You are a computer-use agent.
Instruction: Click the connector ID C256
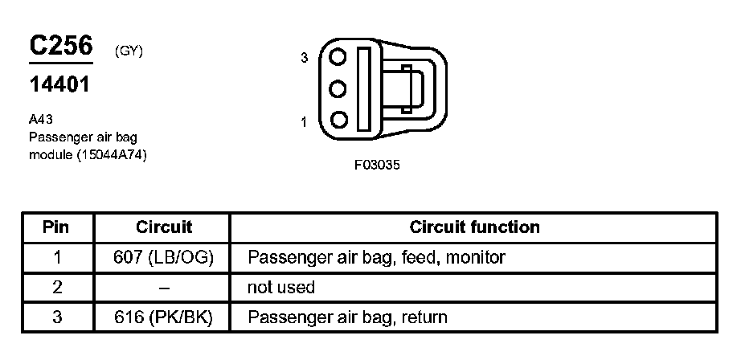tap(61, 47)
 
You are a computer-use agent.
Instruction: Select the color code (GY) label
tap(129, 51)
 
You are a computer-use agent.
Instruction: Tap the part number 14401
tap(59, 85)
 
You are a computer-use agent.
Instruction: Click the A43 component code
tap(40, 119)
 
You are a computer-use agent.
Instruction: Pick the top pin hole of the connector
tap(339, 59)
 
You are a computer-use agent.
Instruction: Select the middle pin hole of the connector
tap(339, 89)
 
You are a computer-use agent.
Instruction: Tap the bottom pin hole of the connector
tap(339, 121)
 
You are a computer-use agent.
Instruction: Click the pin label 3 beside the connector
tap(305, 59)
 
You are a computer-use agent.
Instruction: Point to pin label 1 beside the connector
tap(305, 122)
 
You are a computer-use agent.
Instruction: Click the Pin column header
tap(55, 227)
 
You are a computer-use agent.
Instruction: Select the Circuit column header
tap(164, 227)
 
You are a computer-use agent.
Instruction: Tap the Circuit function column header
tap(474, 227)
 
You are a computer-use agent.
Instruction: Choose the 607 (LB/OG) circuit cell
tap(164, 257)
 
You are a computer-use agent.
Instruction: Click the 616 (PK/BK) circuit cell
tap(164, 317)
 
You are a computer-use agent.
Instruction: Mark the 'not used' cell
tap(281, 287)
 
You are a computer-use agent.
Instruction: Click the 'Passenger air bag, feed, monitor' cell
tap(376, 257)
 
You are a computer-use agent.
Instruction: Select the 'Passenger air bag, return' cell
tap(347, 317)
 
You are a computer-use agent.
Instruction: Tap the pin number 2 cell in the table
tap(55, 287)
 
